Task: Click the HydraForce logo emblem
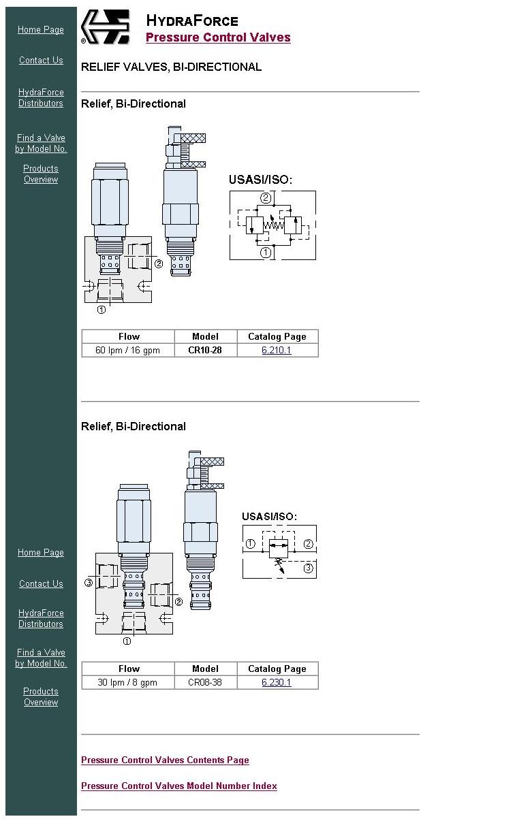pyautogui.click(x=106, y=27)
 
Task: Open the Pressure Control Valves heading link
pyautogui.click(x=218, y=37)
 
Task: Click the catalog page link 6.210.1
pyautogui.click(x=277, y=350)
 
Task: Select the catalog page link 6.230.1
pyautogui.click(x=277, y=682)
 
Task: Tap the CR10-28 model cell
pyautogui.click(x=205, y=350)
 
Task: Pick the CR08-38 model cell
pyautogui.click(x=205, y=682)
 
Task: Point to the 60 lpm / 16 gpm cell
pyautogui.click(x=127, y=350)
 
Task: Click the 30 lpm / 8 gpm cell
pyautogui.click(x=127, y=682)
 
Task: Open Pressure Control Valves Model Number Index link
pyautogui.click(x=179, y=786)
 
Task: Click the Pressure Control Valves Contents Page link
pyautogui.click(x=165, y=760)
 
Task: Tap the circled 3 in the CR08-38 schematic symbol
pyautogui.click(x=308, y=568)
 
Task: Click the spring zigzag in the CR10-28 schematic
pyautogui.click(x=274, y=225)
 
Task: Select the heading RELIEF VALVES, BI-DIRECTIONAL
pyautogui.click(x=171, y=67)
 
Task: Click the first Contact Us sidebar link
pyautogui.click(x=41, y=60)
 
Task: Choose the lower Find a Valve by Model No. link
pyautogui.click(x=41, y=658)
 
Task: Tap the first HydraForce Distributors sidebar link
pyautogui.click(x=41, y=97)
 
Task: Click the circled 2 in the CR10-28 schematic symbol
pyautogui.click(x=266, y=198)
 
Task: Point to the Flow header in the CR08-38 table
pyautogui.click(x=129, y=669)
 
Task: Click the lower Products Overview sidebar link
pyautogui.click(x=41, y=697)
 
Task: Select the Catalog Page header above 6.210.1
pyautogui.click(x=277, y=336)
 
